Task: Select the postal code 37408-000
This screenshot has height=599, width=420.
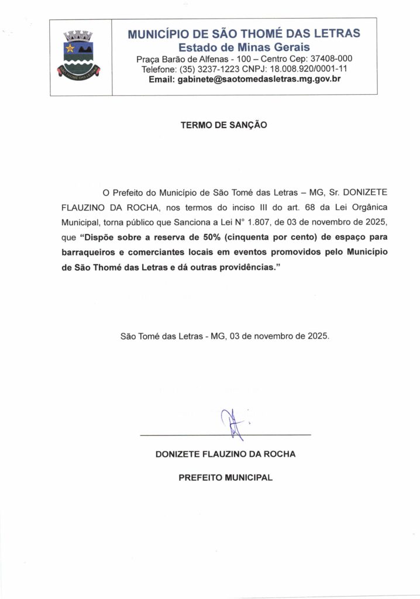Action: pos(332,59)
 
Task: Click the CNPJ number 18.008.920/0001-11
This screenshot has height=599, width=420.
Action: pos(308,69)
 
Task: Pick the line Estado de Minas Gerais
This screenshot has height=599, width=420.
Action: pos(244,47)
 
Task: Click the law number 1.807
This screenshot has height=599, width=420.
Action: pos(296,223)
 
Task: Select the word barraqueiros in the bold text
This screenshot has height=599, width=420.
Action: pos(87,253)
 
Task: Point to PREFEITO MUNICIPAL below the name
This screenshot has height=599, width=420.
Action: pos(225,477)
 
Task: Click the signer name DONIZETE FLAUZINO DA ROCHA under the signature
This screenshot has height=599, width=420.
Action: pos(225,454)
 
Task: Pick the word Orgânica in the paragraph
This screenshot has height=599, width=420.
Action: pos(351,208)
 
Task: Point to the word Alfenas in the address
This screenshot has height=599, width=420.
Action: pos(206,59)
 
